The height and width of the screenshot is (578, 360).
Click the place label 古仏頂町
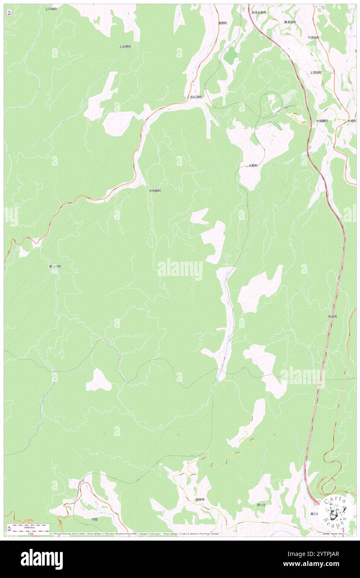click(196, 97)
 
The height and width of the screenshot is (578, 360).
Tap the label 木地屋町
click(155, 191)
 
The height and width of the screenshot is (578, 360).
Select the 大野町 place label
click(253, 165)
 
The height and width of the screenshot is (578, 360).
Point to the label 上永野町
click(125, 47)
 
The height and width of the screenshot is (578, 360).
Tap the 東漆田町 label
click(290, 22)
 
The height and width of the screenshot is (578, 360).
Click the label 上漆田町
click(316, 72)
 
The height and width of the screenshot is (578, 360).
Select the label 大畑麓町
click(321, 121)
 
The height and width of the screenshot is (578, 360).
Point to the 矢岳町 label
click(333, 316)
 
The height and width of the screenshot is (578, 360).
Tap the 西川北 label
click(261, 505)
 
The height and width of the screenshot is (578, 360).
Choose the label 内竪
click(95, 519)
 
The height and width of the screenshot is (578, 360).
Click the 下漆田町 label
click(313, 38)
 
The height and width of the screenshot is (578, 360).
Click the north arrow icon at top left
click(9, 13)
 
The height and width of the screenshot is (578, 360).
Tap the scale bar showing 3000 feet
click(28, 528)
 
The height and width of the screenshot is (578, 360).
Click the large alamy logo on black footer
click(42, 558)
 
